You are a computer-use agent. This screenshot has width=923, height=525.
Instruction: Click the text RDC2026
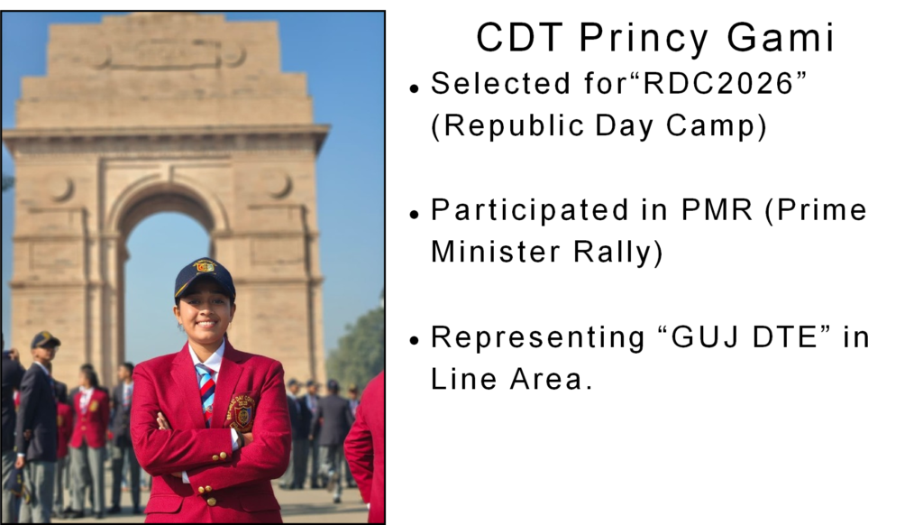tap(718, 83)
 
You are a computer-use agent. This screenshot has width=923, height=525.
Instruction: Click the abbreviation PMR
tap(717, 210)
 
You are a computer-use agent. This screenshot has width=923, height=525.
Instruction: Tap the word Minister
tap(496, 252)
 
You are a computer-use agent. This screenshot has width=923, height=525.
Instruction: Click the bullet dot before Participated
tap(415, 214)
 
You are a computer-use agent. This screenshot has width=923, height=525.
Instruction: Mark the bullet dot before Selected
tap(415, 88)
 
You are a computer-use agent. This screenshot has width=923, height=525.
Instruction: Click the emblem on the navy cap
tap(206, 266)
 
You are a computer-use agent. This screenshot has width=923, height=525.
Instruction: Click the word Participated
tap(530, 211)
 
